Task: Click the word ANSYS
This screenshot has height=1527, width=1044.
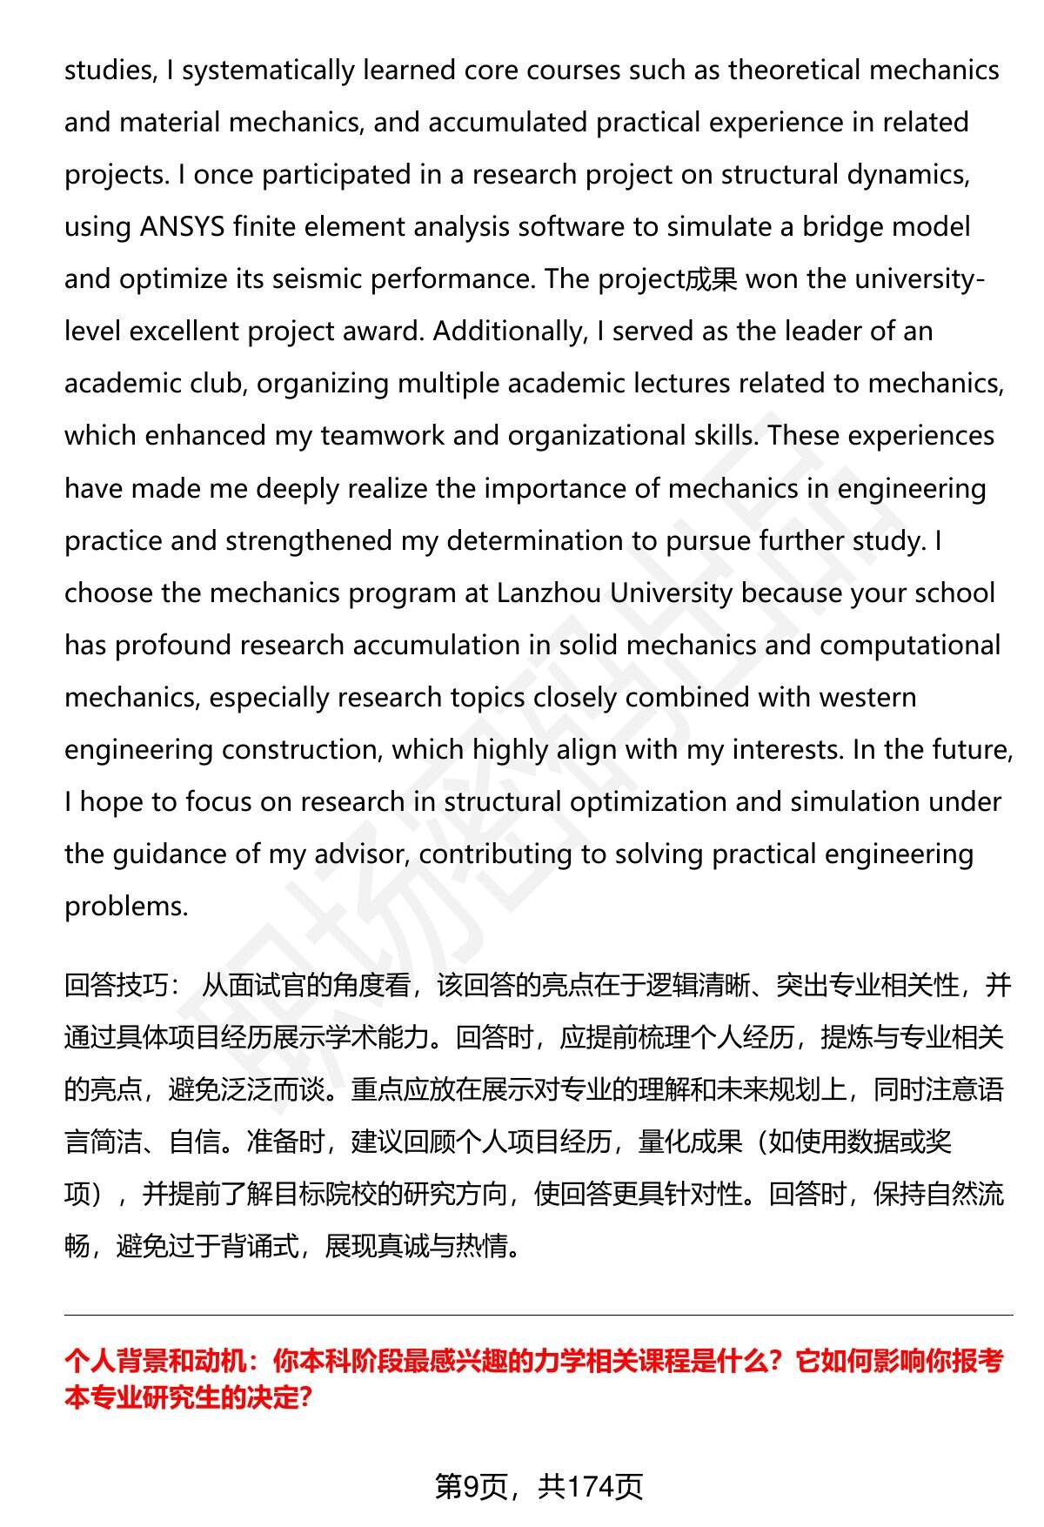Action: click(x=184, y=227)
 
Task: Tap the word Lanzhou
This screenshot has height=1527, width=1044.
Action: click(x=549, y=593)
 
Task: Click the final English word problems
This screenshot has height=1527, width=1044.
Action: click(x=126, y=907)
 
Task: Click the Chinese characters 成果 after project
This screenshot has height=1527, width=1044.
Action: click(x=712, y=280)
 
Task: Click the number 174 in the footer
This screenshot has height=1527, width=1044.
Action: click(x=591, y=1487)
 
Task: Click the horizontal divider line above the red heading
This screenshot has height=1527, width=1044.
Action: click(x=539, y=1315)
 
